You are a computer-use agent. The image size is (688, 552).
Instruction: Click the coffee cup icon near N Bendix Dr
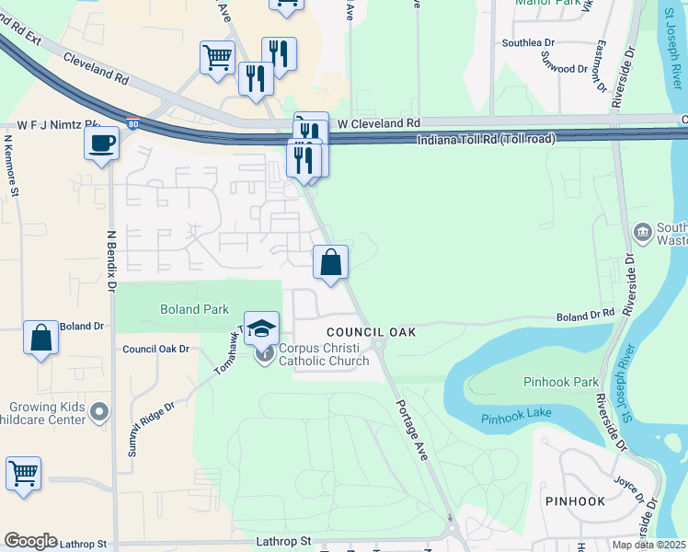pos(101,144)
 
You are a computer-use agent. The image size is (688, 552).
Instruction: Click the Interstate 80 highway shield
pos(134,123)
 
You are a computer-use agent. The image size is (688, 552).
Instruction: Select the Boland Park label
pos(193,310)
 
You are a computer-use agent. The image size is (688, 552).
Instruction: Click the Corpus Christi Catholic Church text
pos(324,354)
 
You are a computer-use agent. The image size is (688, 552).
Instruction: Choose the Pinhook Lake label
pos(516,418)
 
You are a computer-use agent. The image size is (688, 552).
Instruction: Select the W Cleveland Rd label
pos(378,122)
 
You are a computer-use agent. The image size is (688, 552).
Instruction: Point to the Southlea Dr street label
pos(528,43)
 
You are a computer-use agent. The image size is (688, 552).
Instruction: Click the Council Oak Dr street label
pos(155,350)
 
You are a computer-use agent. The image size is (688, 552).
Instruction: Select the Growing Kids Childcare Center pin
pos(100,412)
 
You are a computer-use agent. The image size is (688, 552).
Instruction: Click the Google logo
pos(30,541)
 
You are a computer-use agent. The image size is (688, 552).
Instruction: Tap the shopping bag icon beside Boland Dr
pos(41,338)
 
